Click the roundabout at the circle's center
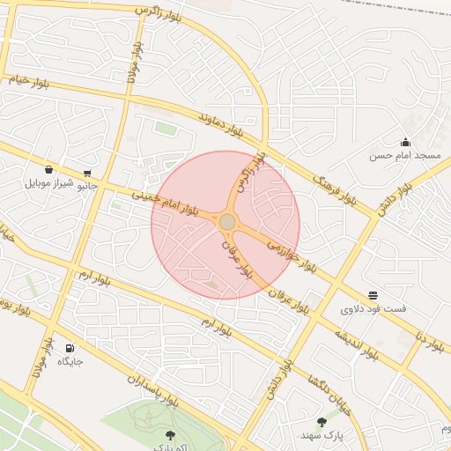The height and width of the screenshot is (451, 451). tap(226, 221)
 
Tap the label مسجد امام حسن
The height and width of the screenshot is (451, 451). tap(404, 156)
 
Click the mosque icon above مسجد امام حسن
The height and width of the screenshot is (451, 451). tap(405, 142)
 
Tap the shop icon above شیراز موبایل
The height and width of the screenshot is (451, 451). tap(48, 170)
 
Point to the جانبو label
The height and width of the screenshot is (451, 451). tap(86, 186)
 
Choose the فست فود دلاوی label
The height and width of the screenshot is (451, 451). tap(373, 309)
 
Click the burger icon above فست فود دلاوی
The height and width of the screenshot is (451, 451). tap(373, 295)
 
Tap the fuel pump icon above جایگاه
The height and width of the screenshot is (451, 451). tap(70, 347)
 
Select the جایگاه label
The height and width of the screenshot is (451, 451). tap(70, 361)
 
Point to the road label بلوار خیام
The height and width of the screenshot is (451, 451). tap(30, 80)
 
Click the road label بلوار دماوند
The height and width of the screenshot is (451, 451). tap(219, 124)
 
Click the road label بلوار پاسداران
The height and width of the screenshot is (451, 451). tap(153, 393)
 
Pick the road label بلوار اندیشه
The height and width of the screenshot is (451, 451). tap(356, 344)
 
